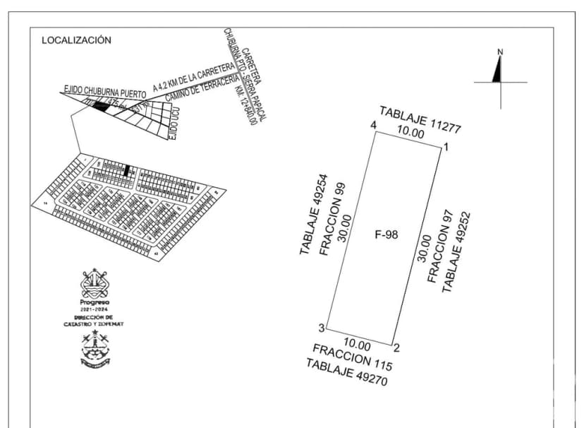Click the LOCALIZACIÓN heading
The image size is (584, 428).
point(76,40)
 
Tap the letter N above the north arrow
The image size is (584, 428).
point(500,52)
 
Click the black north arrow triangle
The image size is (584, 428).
point(497,70)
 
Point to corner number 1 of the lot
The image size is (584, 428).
point(446,147)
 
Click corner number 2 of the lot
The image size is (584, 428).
point(396,347)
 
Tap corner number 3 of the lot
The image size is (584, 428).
point(321,328)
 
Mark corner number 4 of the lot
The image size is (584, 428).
point(373,126)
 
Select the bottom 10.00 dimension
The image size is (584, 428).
point(357,345)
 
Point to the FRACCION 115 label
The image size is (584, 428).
point(352,357)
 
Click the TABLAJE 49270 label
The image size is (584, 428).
point(346,372)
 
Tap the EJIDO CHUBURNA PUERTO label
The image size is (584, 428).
point(104,91)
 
